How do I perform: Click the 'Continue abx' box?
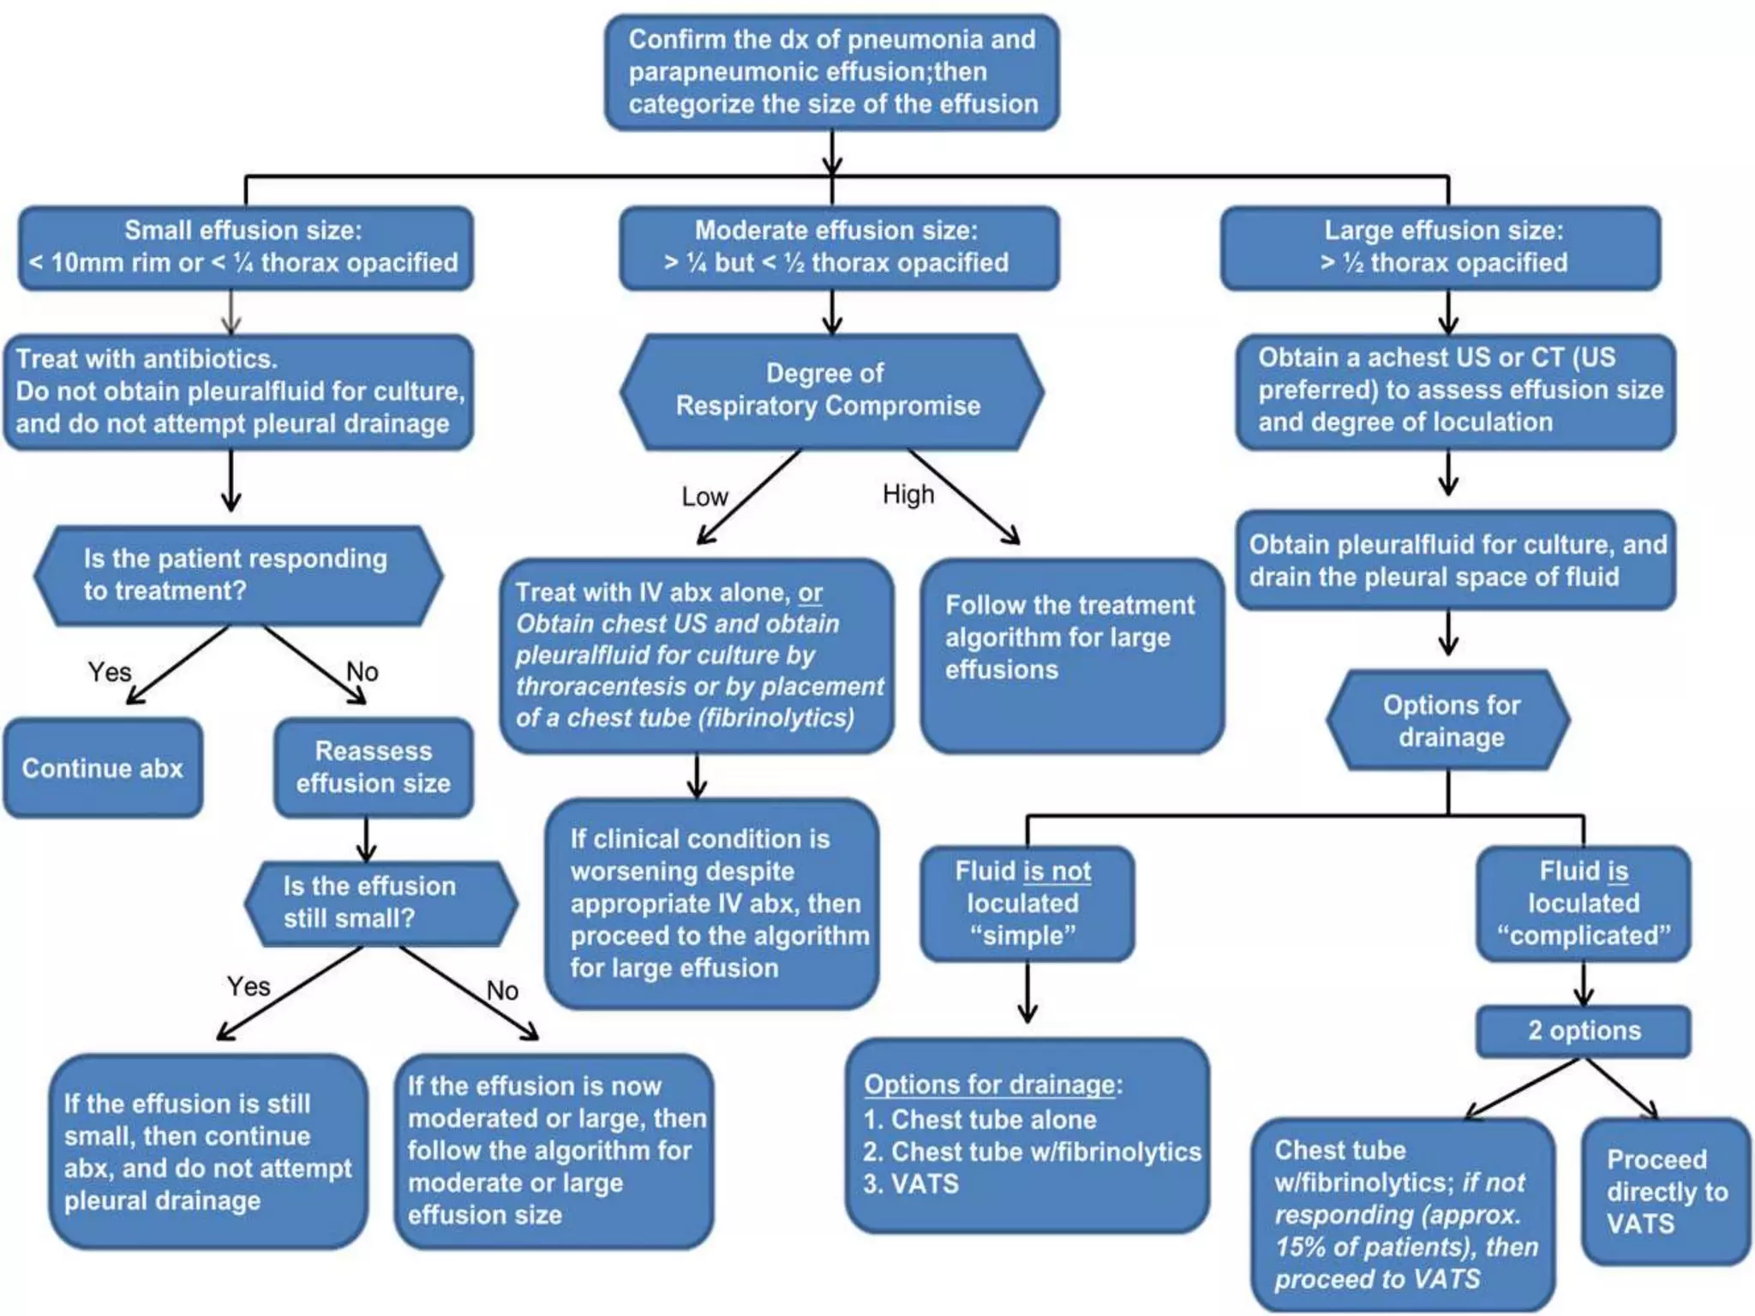click(x=103, y=768)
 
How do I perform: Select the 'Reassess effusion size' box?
click(x=373, y=767)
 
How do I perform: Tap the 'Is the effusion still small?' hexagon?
click(x=380, y=903)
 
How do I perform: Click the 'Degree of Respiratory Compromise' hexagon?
click(x=830, y=391)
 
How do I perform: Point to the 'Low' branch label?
click(x=704, y=497)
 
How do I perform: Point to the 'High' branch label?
click(x=908, y=494)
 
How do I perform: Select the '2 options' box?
click(x=1584, y=1031)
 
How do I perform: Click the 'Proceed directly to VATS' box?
click(x=1665, y=1191)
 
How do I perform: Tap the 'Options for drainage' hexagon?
click(x=1450, y=721)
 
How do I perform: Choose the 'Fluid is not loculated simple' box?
click(x=1027, y=903)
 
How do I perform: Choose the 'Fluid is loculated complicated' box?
click(x=1584, y=903)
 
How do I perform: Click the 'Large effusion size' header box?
click(x=1441, y=247)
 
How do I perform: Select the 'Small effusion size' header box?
click(x=245, y=247)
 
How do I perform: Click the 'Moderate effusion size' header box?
click(x=838, y=247)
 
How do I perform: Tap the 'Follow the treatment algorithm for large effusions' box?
click(x=1071, y=655)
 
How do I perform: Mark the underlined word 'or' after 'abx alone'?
click(x=810, y=593)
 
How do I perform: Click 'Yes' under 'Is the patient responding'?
click(x=110, y=672)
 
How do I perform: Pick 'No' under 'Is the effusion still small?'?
click(x=502, y=991)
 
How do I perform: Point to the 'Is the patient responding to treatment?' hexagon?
click(x=238, y=574)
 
